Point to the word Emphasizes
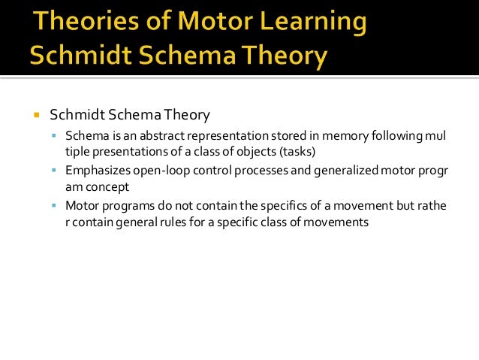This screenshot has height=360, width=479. [x=95, y=171]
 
